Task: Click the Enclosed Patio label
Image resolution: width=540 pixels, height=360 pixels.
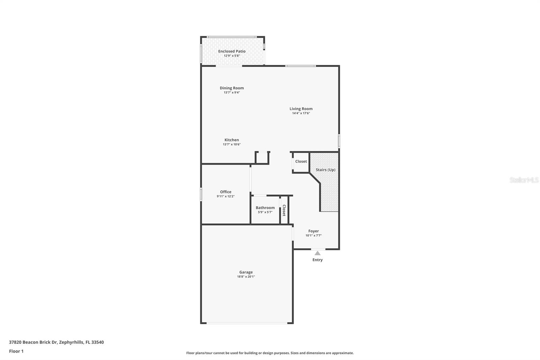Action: coord(232,51)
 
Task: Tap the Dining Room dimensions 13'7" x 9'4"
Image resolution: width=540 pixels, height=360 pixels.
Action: coord(232,93)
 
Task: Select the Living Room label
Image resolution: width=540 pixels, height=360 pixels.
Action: coord(301,109)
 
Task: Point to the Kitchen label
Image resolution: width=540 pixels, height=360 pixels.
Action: coord(232,140)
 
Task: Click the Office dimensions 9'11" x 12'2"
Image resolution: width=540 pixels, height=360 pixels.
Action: coord(225,196)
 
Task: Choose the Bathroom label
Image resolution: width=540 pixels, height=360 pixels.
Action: coord(265,208)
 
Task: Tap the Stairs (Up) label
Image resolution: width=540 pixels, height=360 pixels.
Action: coord(325,170)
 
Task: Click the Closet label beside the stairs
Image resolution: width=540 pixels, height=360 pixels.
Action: coord(301,161)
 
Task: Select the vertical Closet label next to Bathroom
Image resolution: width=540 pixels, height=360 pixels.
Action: coord(284,210)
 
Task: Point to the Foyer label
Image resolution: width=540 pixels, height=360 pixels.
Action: coord(313,231)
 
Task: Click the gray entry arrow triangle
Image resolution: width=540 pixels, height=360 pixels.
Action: coord(317,253)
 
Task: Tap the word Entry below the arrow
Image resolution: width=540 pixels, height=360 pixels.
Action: coord(317,260)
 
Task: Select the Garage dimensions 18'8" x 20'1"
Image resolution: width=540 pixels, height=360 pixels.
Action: coord(246,277)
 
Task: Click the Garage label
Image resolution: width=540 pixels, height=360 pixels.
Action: coord(246,272)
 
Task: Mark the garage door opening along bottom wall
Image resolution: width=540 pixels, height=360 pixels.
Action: coord(247,323)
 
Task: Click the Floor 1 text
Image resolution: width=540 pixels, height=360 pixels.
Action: coord(16,351)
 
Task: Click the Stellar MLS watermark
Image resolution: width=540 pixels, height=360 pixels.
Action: coord(524,180)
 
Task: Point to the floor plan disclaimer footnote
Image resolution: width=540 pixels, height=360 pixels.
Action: coord(270,353)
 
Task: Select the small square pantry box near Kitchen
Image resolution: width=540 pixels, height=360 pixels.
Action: coord(262,158)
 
